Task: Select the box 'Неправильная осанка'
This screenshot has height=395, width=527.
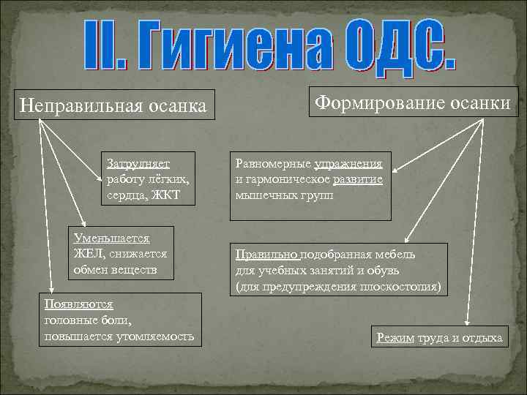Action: tap(114, 105)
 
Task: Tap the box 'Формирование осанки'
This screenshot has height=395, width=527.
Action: tap(413, 103)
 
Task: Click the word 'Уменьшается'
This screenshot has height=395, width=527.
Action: tap(111, 238)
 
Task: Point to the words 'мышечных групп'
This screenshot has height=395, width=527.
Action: tap(283, 195)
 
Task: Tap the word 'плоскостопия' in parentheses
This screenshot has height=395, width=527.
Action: tap(397, 287)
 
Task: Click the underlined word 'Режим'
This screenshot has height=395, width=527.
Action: tap(395, 337)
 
